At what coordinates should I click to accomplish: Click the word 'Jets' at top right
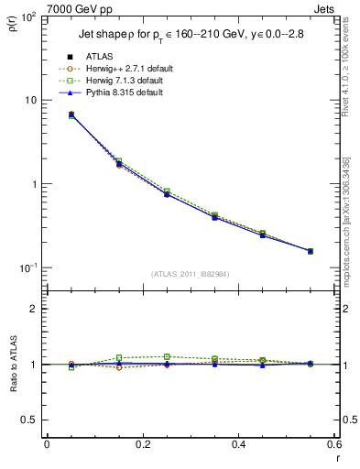point(327,8)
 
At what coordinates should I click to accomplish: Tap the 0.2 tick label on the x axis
point(142,444)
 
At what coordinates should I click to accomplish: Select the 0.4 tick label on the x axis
point(238,444)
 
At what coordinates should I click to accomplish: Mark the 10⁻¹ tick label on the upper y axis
point(27,267)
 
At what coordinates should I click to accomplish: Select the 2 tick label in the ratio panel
point(34,309)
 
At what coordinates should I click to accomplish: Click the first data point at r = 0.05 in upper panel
point(47,115)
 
